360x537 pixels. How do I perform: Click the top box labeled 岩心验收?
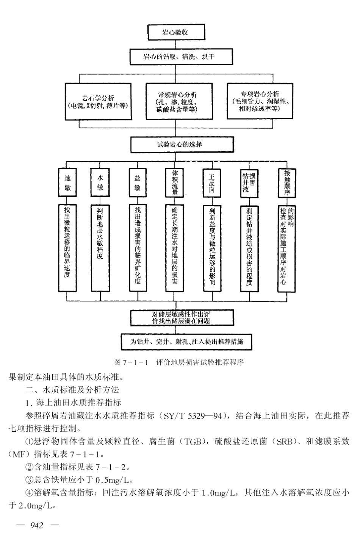coord(175,32)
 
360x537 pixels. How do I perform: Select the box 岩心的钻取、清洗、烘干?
coord(179,57)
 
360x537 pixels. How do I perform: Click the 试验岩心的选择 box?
coord(179,144)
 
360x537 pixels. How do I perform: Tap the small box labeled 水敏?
coord(100,183)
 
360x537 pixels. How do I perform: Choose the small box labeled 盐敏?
coord(137,183)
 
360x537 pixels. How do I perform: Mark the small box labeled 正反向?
coord(211,183)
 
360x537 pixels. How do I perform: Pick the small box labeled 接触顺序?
coord(287,183)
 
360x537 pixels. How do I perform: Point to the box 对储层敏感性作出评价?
coord(181,317)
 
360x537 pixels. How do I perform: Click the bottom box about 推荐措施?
coord(186,342)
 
